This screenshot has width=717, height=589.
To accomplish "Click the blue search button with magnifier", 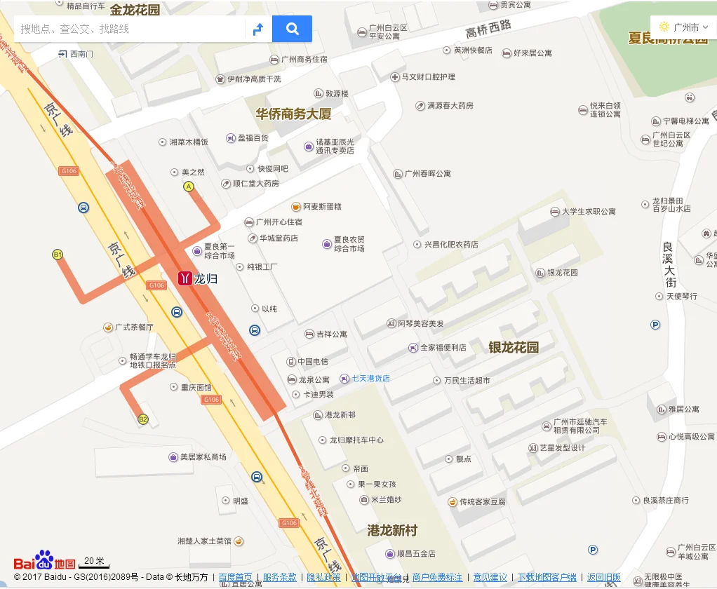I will [x=292, y=29].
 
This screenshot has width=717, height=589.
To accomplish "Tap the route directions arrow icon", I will [x=258, y=29].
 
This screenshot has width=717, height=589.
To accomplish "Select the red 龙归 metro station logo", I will [x=185, y=278].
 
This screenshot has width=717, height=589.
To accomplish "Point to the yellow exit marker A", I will [x=188, y=187].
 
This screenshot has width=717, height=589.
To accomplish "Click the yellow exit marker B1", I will [x=58, y=254].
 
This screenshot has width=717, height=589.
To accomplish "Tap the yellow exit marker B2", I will [x=143, y=419].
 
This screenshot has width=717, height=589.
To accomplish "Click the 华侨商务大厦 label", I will [x=293, y=114].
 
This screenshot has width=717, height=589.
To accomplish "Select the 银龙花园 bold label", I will [x=514, y=347].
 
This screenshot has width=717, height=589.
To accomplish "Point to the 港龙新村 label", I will [x=392, y=530].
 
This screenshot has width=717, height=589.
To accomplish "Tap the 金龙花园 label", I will [x=135, y=10].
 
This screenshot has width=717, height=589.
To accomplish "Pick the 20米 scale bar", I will [x=93, y=562].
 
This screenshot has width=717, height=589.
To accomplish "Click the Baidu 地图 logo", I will [x=44, y=561].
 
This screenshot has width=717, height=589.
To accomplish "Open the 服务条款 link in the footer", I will [x=279, y=578].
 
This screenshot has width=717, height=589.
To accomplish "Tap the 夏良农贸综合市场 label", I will [x=349, y=244].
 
